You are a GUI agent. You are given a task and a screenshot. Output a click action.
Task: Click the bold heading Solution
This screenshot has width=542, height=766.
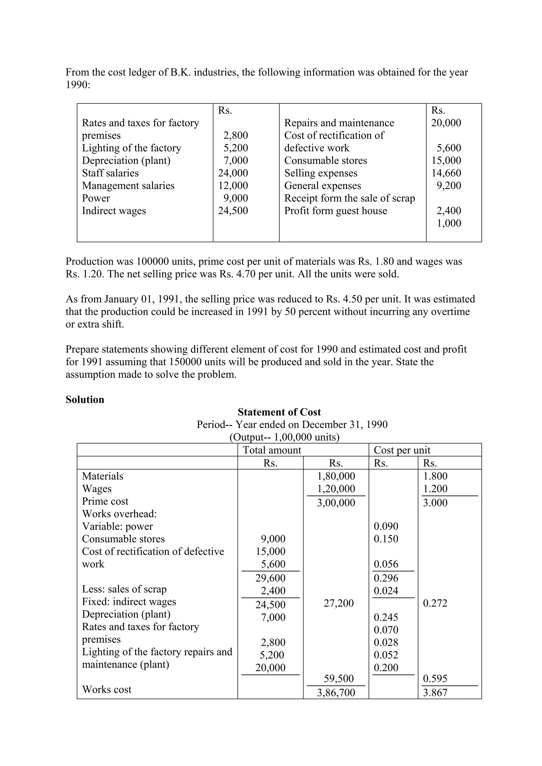pyautogui.click(x=85, y=399)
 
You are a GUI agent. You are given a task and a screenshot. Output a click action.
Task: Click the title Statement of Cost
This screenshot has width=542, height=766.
pyautogui.click(x=279, y=412)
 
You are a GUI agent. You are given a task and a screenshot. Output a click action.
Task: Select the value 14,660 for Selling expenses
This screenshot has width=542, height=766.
pyautogui.click(x=446, y=173)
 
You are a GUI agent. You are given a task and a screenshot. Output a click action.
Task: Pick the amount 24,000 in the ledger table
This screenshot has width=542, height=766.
pyautogui.click(x=233, y=173)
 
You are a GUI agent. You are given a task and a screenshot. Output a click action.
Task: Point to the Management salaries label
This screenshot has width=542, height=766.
pyautogui.click(x=128, y=186)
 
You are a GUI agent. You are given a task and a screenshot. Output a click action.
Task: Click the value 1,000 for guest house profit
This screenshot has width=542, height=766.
pyautogui.click(x=449, y=223)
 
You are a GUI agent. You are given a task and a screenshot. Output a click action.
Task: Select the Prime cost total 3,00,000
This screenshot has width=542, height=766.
pyautogui.click(x=336, y=502)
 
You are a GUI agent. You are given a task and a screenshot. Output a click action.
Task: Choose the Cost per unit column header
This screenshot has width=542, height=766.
pyautogui.click(x=402, y=450)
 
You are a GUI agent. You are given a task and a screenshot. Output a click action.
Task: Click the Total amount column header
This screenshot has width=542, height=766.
pyautogui.click(x=272, y=450)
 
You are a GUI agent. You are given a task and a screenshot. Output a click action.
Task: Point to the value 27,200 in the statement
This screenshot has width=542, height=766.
pyautogui.click(x=339, y=603)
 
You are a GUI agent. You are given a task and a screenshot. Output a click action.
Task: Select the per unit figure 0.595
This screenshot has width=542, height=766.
pyautogui.click(x=435, y=678)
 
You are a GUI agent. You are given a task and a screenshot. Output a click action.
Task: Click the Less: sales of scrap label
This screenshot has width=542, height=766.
pyautogui.click(x=124, y=589)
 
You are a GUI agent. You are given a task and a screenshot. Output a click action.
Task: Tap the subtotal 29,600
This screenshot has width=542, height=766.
pyautogui.click(x=270, y=578)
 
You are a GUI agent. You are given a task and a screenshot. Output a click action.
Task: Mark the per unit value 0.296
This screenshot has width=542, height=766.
pyautogui.click(x=386, y=578)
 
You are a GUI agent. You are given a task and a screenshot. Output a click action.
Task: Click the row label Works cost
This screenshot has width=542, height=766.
pyautogui.click(x=107, y=689)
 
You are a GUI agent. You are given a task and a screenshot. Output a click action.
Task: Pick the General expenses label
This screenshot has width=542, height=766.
pyautogui.click(x=323, y=186)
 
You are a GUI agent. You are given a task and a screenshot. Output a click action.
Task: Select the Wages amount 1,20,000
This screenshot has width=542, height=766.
pyautogui.click(x=336, y=488)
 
